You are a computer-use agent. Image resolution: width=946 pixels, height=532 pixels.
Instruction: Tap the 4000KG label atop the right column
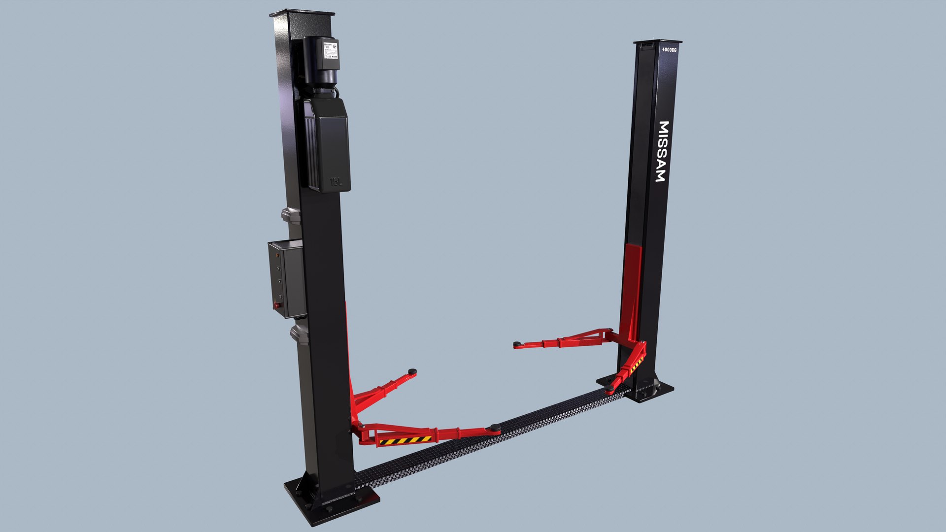click(x=669, y=49)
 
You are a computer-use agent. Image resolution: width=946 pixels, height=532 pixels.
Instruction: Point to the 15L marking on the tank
click(x=336, y=182)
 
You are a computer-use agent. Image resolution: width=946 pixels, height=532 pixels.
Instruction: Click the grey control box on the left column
click(x=286, y=279)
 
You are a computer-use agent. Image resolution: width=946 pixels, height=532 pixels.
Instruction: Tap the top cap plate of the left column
click(x=302, y=12)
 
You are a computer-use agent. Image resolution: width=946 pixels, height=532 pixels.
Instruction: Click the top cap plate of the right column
click(x=657, y=42)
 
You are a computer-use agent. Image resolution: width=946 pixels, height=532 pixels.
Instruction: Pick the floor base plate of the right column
click(x=641, y=390)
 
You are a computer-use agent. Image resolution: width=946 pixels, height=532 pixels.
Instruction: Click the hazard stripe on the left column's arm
click(x=405, y=440)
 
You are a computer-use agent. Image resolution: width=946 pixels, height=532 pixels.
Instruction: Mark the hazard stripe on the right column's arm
click(x=636, y=364)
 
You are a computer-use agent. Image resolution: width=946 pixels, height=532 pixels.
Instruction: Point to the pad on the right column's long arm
click(x=516, y=344)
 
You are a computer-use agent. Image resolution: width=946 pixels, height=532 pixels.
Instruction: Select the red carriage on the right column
click(x=632, y=286)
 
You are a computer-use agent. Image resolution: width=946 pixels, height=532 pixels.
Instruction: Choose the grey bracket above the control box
click(x=291, y=216)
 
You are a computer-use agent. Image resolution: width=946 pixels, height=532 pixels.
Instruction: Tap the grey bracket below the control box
click(x=299, y=333)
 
